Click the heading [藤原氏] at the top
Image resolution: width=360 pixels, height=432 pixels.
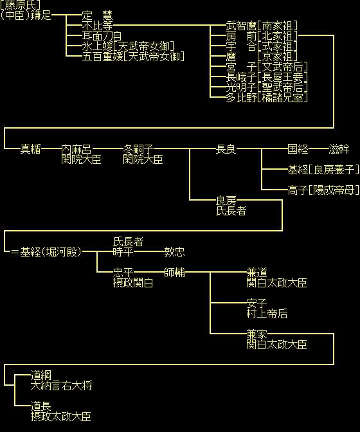(21, 4)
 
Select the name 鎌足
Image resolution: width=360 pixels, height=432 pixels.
(40, 15)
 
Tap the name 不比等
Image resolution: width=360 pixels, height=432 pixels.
(98, 26)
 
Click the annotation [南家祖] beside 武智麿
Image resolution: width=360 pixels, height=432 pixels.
(277, 26)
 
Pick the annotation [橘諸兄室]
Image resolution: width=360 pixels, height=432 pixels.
(282, 98)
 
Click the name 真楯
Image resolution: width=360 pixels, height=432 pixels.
(31, 149)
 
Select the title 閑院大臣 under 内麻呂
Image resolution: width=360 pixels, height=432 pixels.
(81, 159)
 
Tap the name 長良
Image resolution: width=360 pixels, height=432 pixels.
(226, 149)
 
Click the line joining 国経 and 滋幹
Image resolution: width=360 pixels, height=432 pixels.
(318, 148)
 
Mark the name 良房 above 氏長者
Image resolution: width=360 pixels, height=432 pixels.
(226, 201)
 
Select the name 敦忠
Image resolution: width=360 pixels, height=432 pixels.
(174, 252)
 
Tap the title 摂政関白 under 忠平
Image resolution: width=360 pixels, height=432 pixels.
(133, 283)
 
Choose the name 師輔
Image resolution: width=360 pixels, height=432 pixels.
(174, 273)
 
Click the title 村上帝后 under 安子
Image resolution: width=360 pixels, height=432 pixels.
(267, 314)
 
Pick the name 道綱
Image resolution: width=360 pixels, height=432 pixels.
(40, 375)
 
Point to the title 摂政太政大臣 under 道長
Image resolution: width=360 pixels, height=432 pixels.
(61, 417)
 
